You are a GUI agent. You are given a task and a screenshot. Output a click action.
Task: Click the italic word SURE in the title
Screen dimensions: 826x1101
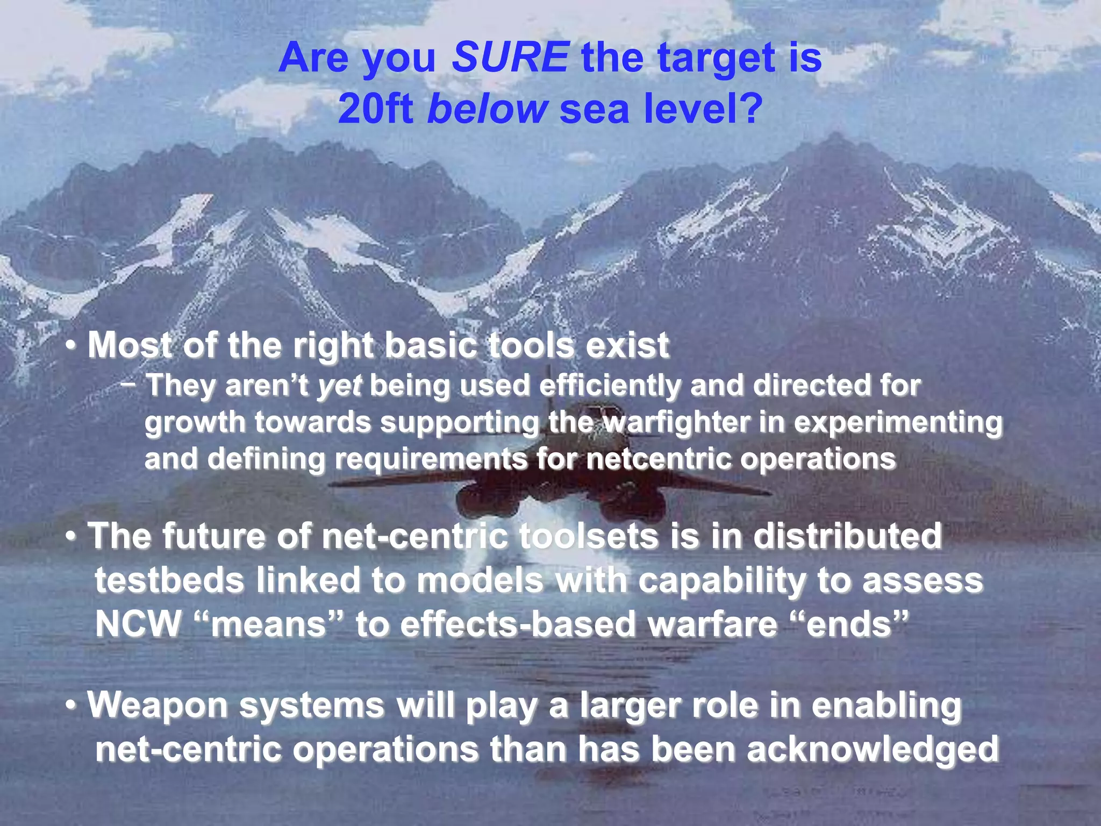[x=510, y=58]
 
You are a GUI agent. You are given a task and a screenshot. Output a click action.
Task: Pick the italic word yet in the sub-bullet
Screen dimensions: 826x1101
[x=339, y=386]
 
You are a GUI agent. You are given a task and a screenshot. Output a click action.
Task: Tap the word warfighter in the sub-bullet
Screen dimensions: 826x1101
[x=675, y=423]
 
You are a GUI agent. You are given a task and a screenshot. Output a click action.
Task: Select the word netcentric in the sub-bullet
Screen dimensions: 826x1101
[x=657, y=459]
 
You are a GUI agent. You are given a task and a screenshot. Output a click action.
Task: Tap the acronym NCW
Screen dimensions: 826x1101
[x=138, y=625]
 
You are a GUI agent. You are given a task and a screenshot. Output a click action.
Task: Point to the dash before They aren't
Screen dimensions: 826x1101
[x=128, y=384]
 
